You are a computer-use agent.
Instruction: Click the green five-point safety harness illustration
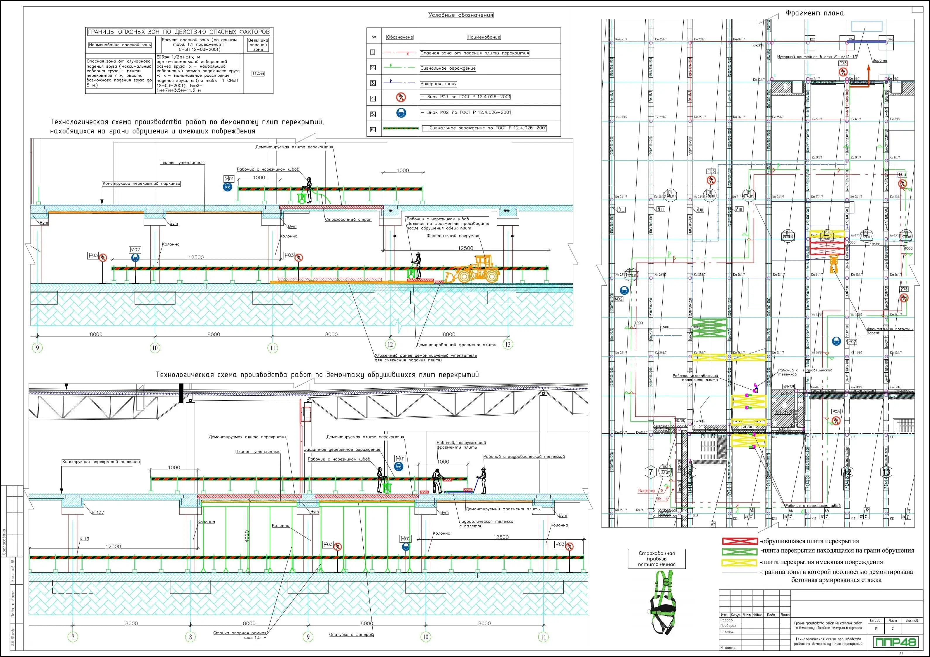[x=663, y=602]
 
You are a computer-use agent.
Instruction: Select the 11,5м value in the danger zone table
[x=258, y=74]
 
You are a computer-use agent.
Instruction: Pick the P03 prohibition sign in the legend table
[x=400, y=97]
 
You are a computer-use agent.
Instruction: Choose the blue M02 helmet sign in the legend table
[x=400, y=113]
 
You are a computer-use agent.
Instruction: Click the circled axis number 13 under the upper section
[x=508, y=344]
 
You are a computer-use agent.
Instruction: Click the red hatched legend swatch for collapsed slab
[x=740, y=541]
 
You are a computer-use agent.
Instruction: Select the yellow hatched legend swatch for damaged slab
[x=740, y=562]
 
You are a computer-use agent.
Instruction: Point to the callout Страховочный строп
[x=348, y=220]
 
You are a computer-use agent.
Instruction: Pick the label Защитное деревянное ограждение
[x=342, y=450]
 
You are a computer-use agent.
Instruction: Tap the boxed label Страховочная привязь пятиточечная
[x=656, y=558]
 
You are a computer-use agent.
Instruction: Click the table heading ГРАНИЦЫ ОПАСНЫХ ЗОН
[x=179, y=32]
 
